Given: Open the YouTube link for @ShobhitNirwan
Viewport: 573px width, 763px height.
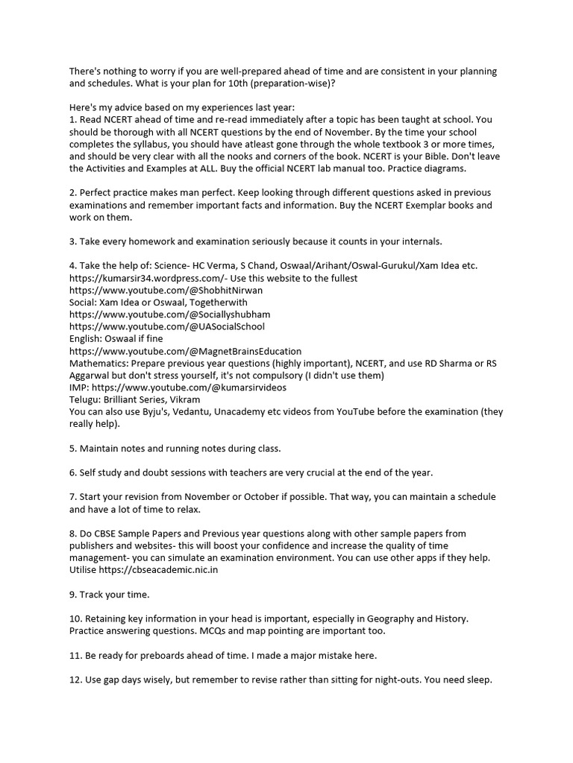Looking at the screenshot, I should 166,290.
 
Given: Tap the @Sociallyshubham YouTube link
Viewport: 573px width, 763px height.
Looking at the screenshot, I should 170,314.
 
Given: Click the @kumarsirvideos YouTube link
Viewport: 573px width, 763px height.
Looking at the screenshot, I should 190,387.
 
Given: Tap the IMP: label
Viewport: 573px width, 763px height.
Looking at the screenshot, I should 80,387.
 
